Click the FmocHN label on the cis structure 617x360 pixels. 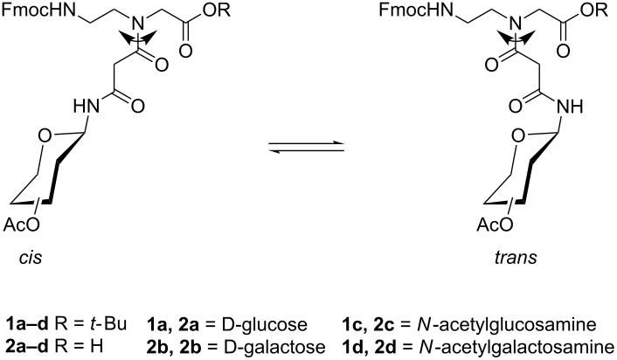tap(39, 10)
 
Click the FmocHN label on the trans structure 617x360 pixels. tap(416, 10)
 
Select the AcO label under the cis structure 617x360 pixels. tap(22, 225)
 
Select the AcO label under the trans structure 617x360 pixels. tap(495, 225)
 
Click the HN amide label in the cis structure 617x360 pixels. tap(87, 107)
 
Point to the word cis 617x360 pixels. tap(31, 258)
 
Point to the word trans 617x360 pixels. tap(516, 258)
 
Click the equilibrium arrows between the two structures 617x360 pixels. tap(306, 147)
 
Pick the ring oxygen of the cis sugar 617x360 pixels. tap(45, 136)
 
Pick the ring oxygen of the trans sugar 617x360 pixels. tap(519, 136)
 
